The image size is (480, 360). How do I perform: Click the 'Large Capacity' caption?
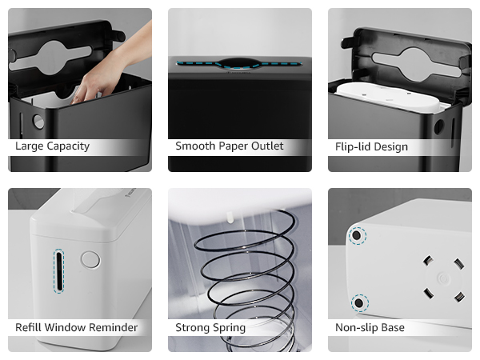coord(52,146)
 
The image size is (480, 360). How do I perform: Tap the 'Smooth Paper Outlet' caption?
coord(229,146)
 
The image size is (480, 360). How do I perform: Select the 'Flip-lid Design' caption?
coord(371,146)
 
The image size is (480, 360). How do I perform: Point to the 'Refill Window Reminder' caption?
coord(76,327)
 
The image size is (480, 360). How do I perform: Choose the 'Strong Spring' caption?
coord(210,327)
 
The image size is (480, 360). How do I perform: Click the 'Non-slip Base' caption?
coord(370,327)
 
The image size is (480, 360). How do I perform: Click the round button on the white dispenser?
coord(90,259)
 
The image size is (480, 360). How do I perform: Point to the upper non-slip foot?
coord(358,235)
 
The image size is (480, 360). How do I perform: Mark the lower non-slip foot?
coord(358,302)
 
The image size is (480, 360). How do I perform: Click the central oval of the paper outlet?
coord(239,62)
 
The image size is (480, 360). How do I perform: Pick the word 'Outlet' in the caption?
coord(265,146)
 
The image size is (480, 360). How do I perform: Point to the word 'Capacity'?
coord(67,146)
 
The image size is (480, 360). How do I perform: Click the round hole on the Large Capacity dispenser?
coord(38,122)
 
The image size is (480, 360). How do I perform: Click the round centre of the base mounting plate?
coord(441,278)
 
